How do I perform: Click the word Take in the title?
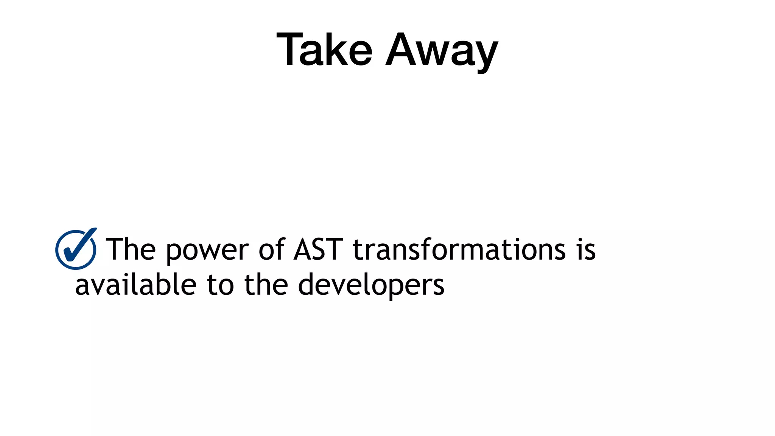coord(325,50)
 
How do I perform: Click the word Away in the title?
coord(442,51)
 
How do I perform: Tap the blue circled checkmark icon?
coord(76,249)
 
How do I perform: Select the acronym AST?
coord(318,249)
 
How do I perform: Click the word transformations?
coord(459,249)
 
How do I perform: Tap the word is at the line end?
coord(586,249)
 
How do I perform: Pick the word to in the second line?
coord(220,285)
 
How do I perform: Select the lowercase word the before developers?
coord(266,285)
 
